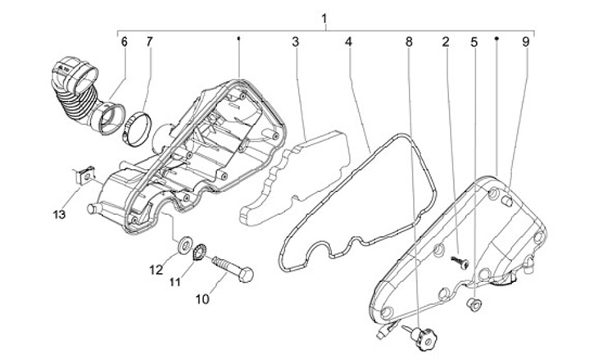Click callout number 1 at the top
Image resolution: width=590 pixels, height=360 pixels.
[326, 17]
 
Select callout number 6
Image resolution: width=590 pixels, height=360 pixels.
[125, 40]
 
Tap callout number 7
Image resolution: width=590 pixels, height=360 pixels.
[149, 40]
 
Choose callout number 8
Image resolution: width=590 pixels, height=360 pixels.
[409, 40]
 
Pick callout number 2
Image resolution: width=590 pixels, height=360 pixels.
[446, 40]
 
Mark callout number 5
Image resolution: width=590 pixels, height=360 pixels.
[474, 40]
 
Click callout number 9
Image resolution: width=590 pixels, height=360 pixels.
[525, 40]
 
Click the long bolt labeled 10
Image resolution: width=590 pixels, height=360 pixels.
[233, 268]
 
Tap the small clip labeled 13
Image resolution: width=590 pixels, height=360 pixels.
[82, 175]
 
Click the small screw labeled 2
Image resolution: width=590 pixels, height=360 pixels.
[461, 259]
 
